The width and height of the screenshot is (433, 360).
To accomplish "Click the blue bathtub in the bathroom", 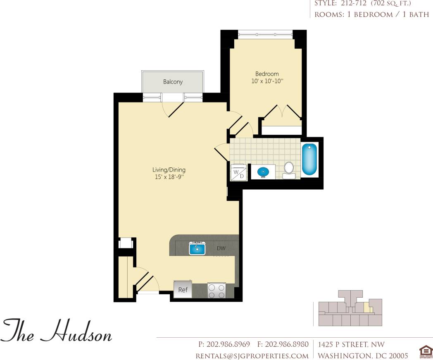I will click(x=309, y=159).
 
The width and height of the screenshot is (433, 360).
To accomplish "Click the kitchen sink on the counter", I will click(x=197, y=248).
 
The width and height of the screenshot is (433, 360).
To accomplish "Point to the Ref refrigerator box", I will click(x=183, y=289).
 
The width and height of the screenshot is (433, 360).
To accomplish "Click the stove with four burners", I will click(x=216, y=290).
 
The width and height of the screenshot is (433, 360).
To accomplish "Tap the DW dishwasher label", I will click(x=221, y=248).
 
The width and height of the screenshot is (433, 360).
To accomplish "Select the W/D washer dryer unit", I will click(x=238, y=173).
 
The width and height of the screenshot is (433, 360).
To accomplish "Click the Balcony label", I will click(x=173, y=82).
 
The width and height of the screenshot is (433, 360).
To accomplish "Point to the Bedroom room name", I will click(x=266, y=74).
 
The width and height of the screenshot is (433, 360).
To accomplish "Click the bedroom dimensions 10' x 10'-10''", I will click(x=266, y=81).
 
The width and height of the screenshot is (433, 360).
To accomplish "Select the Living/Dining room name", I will click(x=169, y=169).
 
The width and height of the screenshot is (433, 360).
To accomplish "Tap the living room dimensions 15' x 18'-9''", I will click(x=169, y=177).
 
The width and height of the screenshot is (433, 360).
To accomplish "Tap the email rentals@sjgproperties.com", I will click(x=252, y=355).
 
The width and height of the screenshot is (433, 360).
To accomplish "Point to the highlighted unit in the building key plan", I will click(x=365, y=308).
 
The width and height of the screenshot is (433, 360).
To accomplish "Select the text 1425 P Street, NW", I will click(x=351, y=344).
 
